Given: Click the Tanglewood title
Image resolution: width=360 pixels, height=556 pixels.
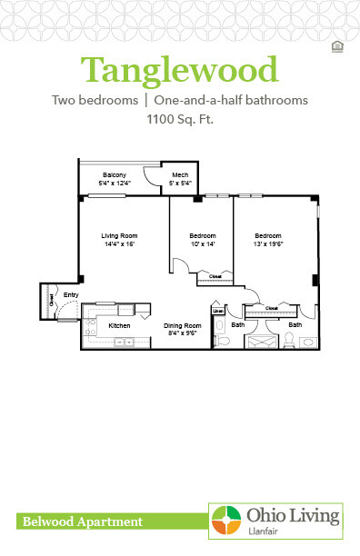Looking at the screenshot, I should pos(179,69).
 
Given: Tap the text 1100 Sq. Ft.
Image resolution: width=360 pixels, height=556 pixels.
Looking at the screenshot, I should pos(179,118).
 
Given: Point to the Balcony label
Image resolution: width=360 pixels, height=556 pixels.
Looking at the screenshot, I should pos(114,174).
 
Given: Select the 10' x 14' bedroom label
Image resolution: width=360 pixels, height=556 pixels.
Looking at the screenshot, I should pos(202,243).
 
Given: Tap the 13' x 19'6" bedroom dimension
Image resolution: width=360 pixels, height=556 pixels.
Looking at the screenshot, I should pos(271,243).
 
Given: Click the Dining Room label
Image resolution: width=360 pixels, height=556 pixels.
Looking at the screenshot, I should pos(181,325).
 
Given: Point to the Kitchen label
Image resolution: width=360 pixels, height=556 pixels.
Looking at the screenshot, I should pos(119,325).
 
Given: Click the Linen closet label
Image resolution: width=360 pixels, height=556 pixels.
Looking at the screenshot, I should pos(217,312).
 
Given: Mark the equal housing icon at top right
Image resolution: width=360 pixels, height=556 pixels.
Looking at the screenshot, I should pos(337,45).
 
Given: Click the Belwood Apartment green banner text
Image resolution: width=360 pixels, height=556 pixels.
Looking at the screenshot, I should pos(79,521).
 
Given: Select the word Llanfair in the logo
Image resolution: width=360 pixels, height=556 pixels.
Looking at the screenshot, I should pos(262,531).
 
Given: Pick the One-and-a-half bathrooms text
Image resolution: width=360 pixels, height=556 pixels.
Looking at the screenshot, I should pos(231,100).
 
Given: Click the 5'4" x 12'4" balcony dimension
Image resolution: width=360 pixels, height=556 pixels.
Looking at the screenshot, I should pos(114,183).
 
